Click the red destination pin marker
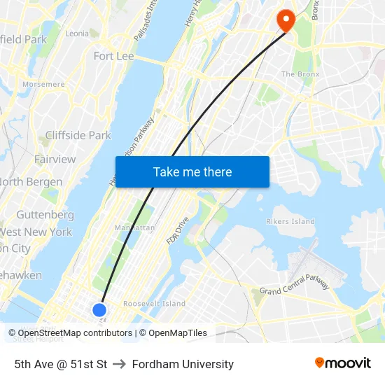click(286, 19)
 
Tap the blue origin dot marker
click(99, 309)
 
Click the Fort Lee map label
click(113, 56)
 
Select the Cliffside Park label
click(78, 135)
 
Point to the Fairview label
click(55, 159)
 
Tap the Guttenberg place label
click(45, 214)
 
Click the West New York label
click(36, 232)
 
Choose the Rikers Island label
click(290, 221)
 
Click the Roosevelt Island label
click(154, 304)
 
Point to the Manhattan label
click(134, 227)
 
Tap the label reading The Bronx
click(300, 74)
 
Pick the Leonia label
click(77, 33)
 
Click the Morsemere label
click(43, 84)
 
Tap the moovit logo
click(342, 363)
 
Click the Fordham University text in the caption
click(183, 364)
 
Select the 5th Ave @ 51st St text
click(61, 364)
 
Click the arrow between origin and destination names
click(119, 364)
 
